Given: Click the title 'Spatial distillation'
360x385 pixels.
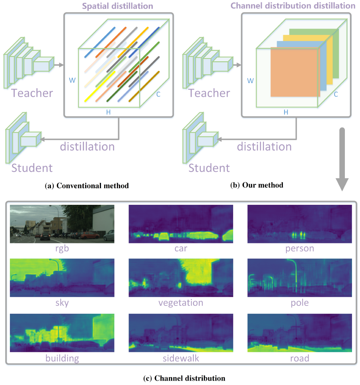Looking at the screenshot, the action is [117, 6].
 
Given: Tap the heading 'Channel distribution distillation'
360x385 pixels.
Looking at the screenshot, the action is [293, 6].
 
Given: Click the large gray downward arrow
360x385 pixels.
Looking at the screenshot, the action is [342, 159].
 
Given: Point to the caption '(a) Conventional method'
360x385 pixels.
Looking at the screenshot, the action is [87, 186].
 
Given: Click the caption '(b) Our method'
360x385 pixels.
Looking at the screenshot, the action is [257, 185].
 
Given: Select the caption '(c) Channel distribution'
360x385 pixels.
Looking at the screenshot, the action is [184, 378].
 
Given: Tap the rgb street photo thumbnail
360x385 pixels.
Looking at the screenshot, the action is [62, 224].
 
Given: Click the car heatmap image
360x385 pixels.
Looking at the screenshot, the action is [181, 224].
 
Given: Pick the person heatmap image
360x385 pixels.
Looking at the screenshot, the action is [300, 224].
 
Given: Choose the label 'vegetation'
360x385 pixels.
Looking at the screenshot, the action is [181, 303].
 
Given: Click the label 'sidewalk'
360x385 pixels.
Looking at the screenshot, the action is [181, 358].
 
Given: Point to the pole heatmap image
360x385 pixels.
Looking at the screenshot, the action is [300, 278].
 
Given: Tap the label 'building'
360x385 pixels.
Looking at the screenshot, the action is [62, 358].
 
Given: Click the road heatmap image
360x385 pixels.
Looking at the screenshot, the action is [300, 333].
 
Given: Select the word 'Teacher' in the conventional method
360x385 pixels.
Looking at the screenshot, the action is [32, 93].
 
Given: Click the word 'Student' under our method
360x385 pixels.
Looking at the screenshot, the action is [209, 168].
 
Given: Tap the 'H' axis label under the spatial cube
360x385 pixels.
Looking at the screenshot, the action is [108, 112].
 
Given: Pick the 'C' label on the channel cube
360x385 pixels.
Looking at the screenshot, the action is [336, 94].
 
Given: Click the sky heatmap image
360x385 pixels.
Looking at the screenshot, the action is [62, 278].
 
